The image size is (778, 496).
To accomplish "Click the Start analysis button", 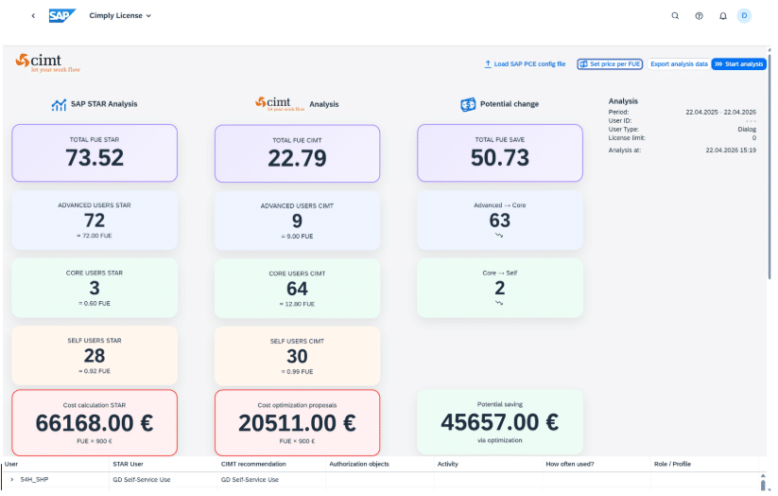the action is tap(739, 64).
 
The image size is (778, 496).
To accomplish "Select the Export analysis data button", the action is tap(679, 64).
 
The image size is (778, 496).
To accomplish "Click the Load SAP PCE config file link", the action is tap(525, 64).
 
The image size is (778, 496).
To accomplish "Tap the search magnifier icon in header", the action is tap(675, 16).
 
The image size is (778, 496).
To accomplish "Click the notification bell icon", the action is tap(723, 16).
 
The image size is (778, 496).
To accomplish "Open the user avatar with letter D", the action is tap(744, 16).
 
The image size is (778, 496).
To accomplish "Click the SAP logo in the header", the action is tap(62, 16).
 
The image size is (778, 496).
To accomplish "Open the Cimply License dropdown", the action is tap(120, 16).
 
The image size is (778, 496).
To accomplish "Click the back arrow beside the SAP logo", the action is tap(33, 16).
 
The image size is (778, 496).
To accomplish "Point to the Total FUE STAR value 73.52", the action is tap(95, 157).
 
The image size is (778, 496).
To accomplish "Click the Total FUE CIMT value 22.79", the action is tap(297, 158).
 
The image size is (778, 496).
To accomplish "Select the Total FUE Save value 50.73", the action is tap(500, 157).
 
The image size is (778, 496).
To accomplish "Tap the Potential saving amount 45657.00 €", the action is tap(500, 422).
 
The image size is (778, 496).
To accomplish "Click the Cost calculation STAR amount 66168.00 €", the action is tap(95, 423).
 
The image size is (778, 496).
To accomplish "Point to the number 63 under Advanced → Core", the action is tap(500, 221).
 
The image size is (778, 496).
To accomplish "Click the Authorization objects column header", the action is tap(359, 464).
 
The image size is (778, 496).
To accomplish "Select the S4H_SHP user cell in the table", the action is tap(34, 480).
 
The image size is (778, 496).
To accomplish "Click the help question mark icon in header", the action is tap(700, 16).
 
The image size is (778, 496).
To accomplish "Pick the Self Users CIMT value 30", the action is tap(297, 356).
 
